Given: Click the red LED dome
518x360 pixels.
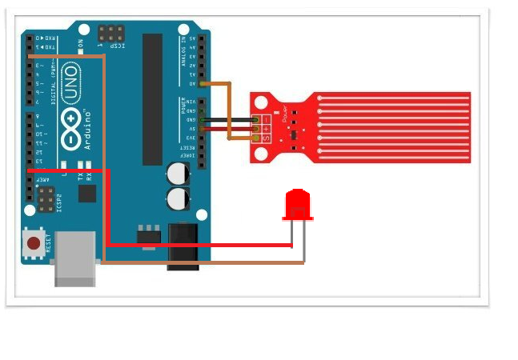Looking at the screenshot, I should (x=297, y=204).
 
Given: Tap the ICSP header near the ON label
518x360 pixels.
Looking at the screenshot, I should (x=110, y=34).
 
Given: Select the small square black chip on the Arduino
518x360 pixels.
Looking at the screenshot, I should (x=86, y=193).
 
